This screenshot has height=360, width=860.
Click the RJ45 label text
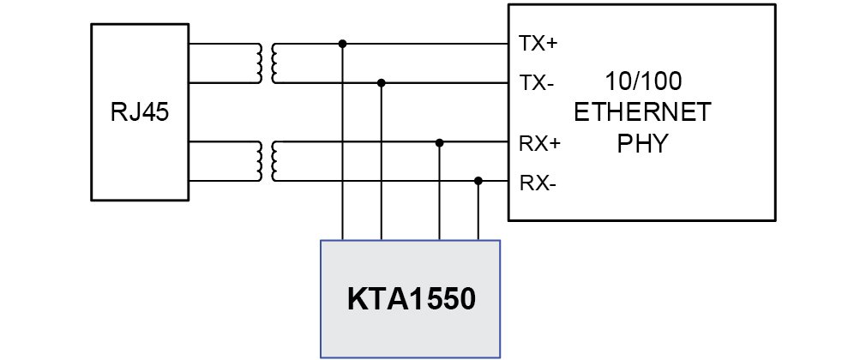point(140,113)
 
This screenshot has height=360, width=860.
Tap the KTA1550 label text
point(411,300)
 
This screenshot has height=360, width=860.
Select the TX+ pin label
point(538,44)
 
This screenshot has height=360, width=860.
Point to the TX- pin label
point(536,83)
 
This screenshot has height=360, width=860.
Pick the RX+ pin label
point(539,143)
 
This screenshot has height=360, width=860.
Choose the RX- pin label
point(538,183)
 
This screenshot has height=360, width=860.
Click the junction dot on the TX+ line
point(342,44)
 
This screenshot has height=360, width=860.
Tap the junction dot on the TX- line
point(382,83)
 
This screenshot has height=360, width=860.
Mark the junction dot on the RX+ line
point(439,142)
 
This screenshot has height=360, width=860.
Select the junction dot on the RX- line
point(478,180)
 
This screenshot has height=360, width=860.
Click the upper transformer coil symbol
point(268,63)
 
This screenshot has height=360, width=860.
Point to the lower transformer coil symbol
point(268,162)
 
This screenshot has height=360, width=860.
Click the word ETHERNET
point(642,113)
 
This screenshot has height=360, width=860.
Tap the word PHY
point(642,143)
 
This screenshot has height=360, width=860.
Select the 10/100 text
point(643,81)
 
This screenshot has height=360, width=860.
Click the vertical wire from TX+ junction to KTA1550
point(342,142)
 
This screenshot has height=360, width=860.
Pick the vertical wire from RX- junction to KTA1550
point(478,210)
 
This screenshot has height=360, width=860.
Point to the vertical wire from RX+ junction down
point(439,191)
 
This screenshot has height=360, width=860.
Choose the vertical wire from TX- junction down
point(382,162)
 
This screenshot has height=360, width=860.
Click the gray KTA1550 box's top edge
point(410,240)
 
